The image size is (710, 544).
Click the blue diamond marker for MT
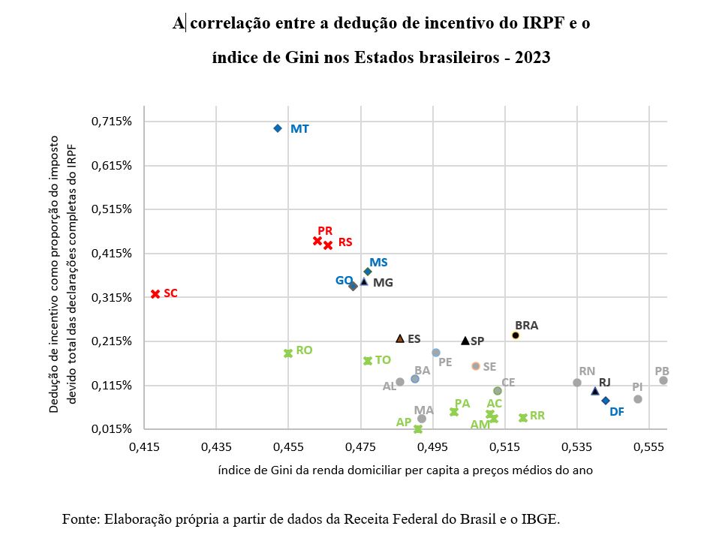point(278,128)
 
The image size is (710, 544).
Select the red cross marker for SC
point(155,293)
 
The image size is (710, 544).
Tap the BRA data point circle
point(516,335)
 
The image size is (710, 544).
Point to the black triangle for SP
point(465,341)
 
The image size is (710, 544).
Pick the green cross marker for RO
point(287,353)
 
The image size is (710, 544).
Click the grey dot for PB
point(663,380)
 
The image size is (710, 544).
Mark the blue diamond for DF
point(606,401)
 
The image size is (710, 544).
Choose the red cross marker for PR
point(317,241)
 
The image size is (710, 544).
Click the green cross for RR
point(523,417)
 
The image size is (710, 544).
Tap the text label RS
point(345,242)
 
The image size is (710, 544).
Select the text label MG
point(383,283)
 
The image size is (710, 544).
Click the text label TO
point(383,360)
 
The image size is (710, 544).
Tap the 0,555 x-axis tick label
point(650,447)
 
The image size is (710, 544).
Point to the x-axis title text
point(405,470)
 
